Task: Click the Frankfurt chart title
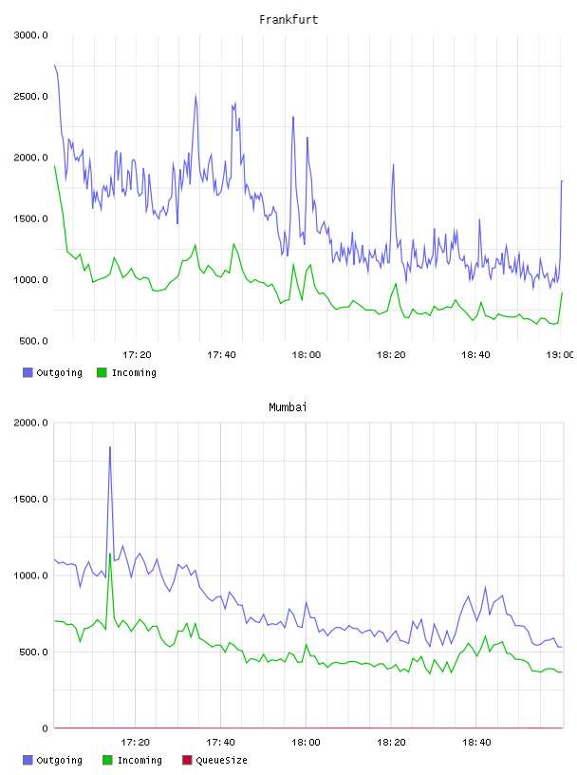(288, 20)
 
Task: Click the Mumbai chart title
(288, 407)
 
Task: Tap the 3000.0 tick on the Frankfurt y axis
(31, 35)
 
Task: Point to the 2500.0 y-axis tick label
(31, 96)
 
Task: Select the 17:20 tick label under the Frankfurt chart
(137, 355)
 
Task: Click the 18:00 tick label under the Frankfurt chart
(307, 355)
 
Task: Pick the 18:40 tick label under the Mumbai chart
(476, 743)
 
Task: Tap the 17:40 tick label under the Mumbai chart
(221, 743)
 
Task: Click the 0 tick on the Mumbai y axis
(45, 728)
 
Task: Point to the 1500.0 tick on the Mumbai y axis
(31, 500)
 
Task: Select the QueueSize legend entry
(214, 760)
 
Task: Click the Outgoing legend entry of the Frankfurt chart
(53, 372)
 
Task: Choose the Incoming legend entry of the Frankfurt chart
(127, 372)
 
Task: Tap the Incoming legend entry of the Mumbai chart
(133, 760)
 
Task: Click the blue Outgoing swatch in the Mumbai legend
(28, 760)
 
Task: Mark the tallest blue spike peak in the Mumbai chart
(110, 447)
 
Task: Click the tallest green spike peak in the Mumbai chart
(110, 554)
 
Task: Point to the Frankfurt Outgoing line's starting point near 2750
(55, 66)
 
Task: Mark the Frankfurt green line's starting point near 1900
(55, 166)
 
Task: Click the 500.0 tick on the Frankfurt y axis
(33, 341)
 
